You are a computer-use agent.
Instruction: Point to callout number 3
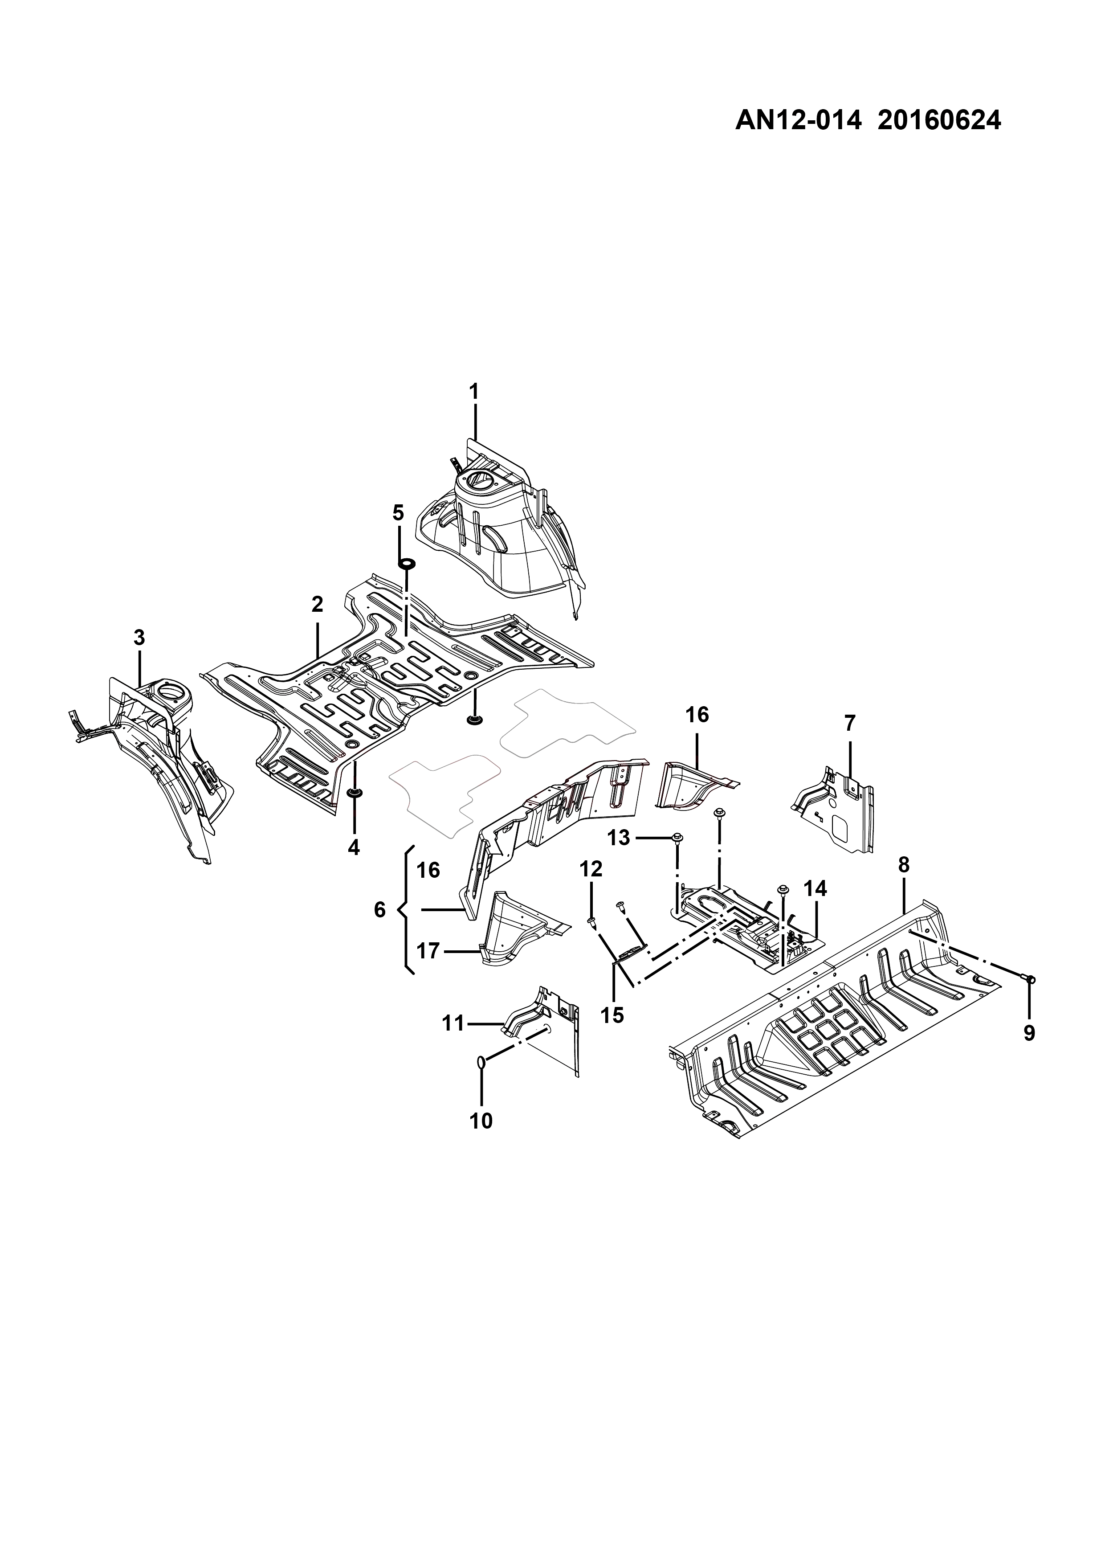coord(139,638)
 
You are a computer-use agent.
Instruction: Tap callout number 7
coord(850,723)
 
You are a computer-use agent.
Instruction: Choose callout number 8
coord(904,865)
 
